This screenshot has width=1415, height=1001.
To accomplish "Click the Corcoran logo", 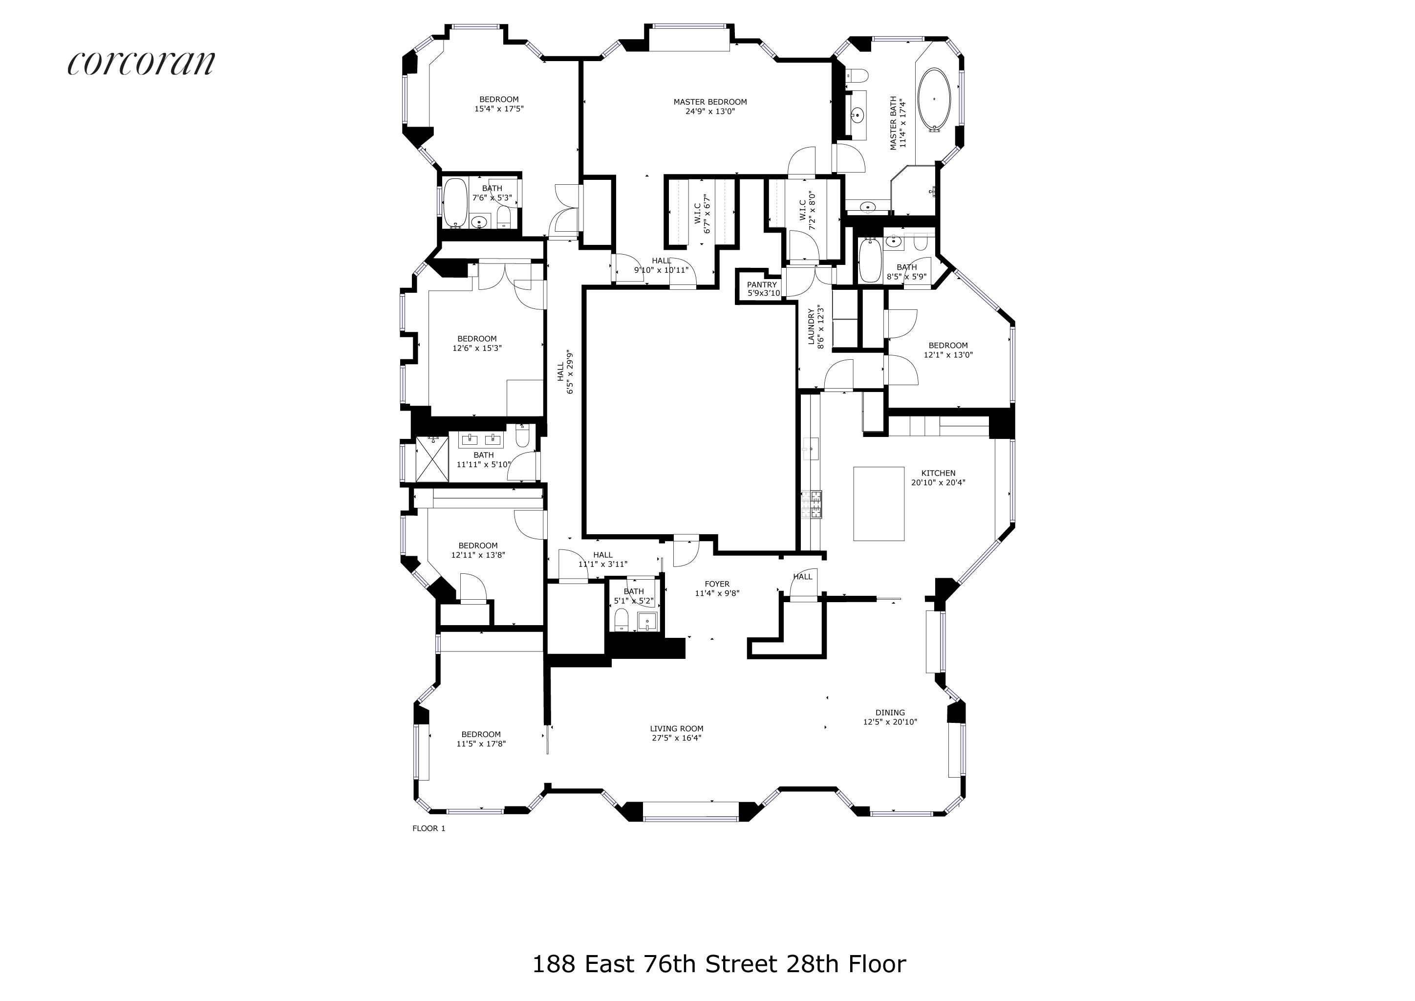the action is pos(141,62).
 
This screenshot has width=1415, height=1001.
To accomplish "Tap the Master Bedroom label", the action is pos(710,102).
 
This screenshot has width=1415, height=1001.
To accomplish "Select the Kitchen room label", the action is pos(938,474).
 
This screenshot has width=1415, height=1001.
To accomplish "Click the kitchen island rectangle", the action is pos(879,503).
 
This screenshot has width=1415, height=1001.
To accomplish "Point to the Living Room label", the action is pos(676,729).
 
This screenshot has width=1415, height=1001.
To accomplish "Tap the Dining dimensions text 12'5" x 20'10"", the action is pos(890,722).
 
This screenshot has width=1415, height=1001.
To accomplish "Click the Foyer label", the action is pos(717,585).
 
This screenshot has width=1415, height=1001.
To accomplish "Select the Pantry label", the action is pos(762,285).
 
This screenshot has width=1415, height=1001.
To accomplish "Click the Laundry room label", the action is pos(812,326).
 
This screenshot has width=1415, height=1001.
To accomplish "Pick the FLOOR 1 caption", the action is pos(429,828).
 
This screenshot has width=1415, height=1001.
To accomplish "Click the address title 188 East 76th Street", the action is pos(719,964).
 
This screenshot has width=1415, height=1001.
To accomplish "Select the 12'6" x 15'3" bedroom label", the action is pos(476,343).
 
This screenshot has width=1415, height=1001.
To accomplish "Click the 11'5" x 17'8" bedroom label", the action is pos(481,739).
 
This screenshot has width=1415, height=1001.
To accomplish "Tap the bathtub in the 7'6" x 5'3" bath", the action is pos(455,203).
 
